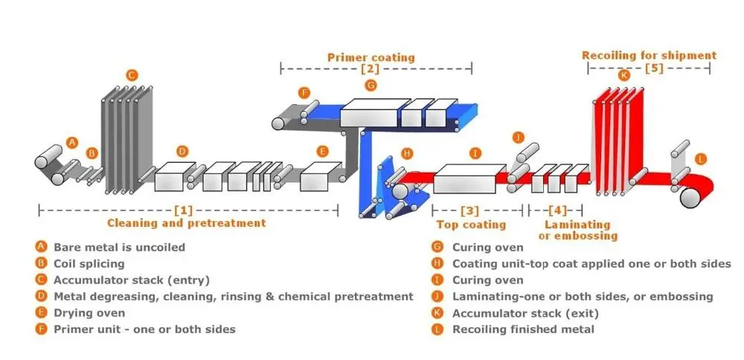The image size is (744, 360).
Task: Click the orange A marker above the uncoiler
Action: coord(71,142)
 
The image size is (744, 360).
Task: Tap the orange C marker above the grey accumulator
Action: coord(132,74)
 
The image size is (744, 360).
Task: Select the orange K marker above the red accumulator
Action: coord(623,75)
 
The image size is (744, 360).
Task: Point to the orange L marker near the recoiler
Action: coord(701,159)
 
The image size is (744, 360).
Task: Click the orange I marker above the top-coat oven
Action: coord(475,152)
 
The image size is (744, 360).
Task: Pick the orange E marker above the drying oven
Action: coord(323,151)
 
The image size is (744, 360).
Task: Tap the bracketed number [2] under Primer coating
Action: coord(370,68)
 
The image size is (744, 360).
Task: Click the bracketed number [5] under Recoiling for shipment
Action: coord(654,68)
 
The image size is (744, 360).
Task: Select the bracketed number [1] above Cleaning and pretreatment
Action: coord(184,210)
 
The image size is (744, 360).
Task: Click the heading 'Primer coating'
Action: coord(371,57)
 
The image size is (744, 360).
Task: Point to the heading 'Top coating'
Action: coord(471,225)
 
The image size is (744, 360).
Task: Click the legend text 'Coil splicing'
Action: coord(89,264)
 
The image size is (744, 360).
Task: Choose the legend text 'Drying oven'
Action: coord(89,313)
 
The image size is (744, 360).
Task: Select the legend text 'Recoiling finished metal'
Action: coord(523,330)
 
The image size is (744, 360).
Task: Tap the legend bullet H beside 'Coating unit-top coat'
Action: coord(437,264)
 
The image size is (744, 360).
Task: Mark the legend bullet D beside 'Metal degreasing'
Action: coord(41,297)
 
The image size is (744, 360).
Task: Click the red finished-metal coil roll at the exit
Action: coord(691,197)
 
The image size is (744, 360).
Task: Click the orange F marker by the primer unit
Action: coord(304,92)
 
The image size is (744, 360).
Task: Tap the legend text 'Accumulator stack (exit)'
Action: coord(525,313)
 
